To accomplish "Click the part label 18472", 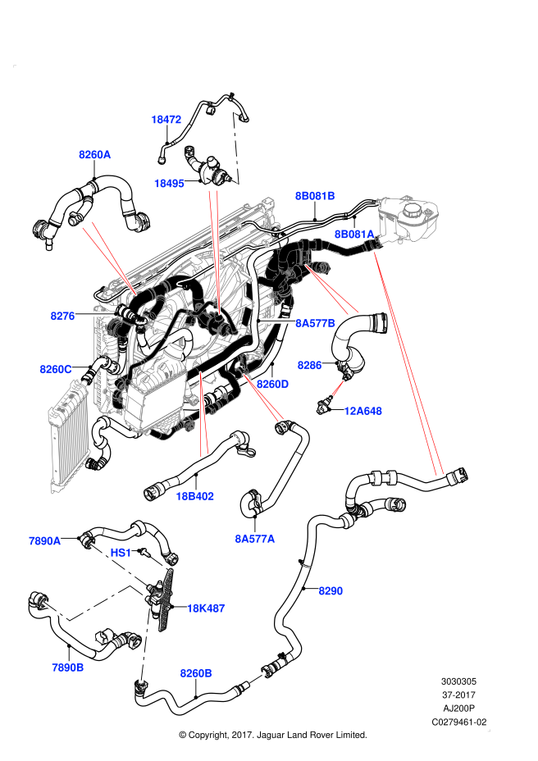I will coord(166,120).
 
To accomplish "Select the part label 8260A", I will coord(94,154).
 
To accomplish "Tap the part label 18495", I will coord(169,184).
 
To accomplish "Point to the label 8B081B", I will coord(315,196).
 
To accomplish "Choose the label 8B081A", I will coord(354,235).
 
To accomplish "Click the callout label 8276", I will coord(62,316).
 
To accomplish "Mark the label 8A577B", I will coord(315,323).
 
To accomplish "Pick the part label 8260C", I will coord(56,369).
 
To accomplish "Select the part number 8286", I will coord(309,365).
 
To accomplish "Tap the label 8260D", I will coord(272,384).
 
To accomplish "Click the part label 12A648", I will coord(362,411).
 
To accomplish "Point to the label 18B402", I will coord(194,496).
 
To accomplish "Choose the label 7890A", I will coord(45,541).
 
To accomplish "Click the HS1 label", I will coord(121,553).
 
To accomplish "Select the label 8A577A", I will coord(254,539).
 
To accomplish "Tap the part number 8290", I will coord(331,590).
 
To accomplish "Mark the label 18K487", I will coord(205,608).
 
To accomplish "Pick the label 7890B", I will coord(67,668).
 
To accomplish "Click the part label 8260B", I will coord(196,673).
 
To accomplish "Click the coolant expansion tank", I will coord(408,217).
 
